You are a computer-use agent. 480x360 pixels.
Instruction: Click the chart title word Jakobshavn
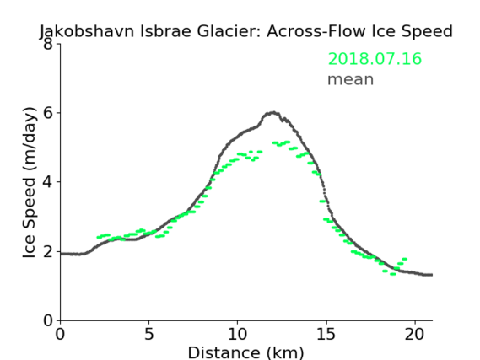(87, 31)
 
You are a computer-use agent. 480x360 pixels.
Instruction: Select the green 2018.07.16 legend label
(375, 59)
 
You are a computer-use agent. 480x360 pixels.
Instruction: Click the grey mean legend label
(351, 79)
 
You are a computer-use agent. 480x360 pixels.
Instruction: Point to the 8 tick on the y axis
(48, 44)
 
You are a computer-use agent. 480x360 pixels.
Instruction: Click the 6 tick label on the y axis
(48, 113)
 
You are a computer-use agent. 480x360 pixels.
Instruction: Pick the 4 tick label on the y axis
(48, 182)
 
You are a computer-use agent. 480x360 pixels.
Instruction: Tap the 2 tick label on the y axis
(48, 251)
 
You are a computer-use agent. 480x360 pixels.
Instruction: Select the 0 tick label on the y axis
(48, 320)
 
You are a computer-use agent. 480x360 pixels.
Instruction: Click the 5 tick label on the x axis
(148, 334)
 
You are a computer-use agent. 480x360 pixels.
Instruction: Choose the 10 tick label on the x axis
(237, 334)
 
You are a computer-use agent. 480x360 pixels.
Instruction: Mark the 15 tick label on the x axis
(326, 334)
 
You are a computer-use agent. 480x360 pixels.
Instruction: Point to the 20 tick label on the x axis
(415, 334)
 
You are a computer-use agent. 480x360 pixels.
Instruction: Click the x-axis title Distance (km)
(245, 352)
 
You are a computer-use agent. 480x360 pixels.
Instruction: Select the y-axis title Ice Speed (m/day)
(29, 183)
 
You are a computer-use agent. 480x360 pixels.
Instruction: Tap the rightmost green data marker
(404, 259)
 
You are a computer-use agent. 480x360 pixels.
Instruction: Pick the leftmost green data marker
(100, 237)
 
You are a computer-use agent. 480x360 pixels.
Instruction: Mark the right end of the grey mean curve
(432, 275)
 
